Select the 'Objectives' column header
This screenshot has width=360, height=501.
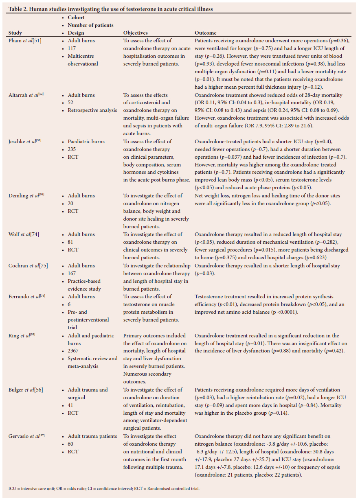tap(135, 33)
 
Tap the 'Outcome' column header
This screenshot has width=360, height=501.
tap(205, 33)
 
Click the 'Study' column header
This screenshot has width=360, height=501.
tap(15, 33)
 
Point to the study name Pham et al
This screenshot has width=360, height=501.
tap(25, 41)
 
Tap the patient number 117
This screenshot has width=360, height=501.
tap(72, 48)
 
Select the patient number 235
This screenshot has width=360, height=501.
tap(72, 149)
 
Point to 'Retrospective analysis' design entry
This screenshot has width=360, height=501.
tap(92, 110)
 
